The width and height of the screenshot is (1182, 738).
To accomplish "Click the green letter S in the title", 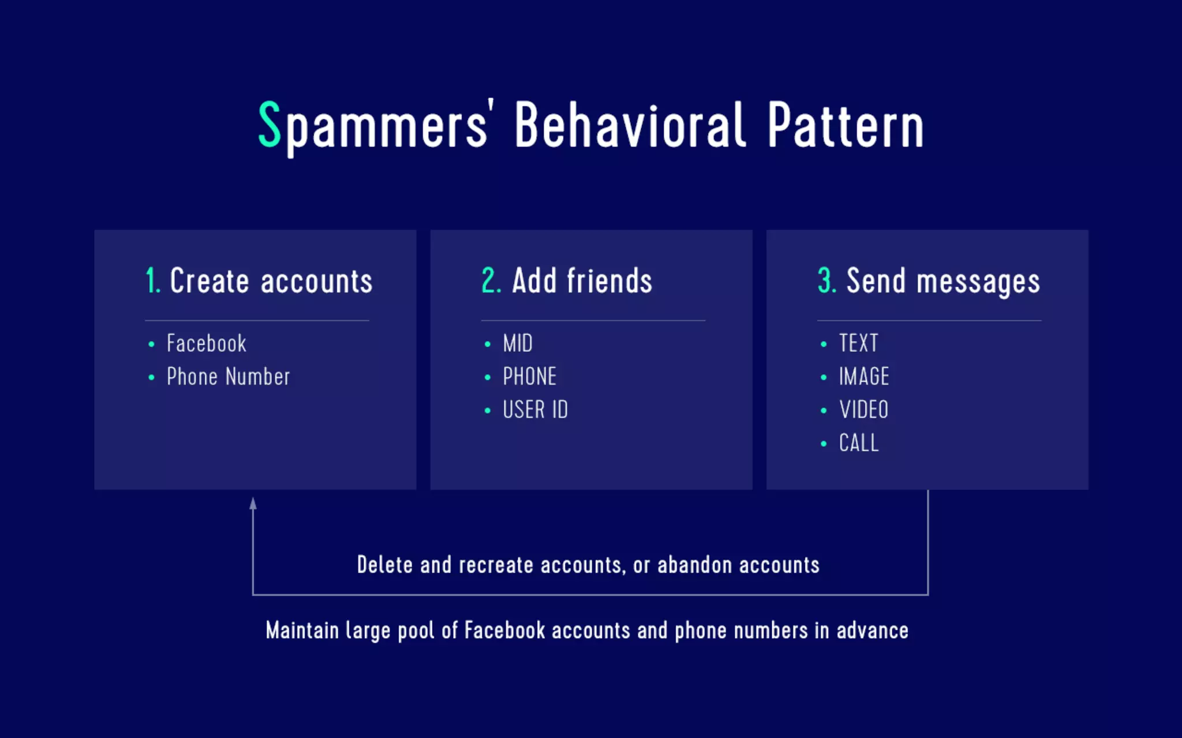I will click(269, 125).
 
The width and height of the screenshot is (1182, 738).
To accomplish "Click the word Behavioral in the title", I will click(630, 126).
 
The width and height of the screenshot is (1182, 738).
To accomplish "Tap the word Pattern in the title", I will click(846, 126).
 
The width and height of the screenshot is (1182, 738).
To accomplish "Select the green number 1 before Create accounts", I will click(152, 281).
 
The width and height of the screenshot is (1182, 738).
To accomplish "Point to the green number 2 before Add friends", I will click(491, 281).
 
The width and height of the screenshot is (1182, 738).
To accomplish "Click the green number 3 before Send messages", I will click(826, 281).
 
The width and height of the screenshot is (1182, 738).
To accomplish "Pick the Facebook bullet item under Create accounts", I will click(206, 344).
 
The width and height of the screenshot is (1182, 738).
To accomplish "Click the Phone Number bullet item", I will click(228, 377).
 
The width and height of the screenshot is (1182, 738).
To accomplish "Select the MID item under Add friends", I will click(518, 344).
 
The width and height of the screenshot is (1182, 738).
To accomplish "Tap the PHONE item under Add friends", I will click(529, 377).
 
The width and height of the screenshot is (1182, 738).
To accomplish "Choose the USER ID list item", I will click(535, 410).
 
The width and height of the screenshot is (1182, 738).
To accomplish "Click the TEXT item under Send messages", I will click(858, 344).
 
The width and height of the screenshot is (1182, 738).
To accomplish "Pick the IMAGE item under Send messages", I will click(863, 377).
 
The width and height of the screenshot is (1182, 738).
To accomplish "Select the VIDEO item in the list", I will click(863, 410).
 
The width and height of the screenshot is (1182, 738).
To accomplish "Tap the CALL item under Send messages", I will click(858, 443).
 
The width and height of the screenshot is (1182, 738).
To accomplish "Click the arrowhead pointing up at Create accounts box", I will click(253, 504).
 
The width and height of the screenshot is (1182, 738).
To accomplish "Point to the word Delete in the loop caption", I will click(385, 565).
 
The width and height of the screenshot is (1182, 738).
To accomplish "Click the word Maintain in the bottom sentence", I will click(302, 631).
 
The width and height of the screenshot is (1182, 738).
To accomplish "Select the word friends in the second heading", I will click(609, 281).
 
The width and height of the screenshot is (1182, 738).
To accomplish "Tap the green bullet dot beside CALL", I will click(824, 443).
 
